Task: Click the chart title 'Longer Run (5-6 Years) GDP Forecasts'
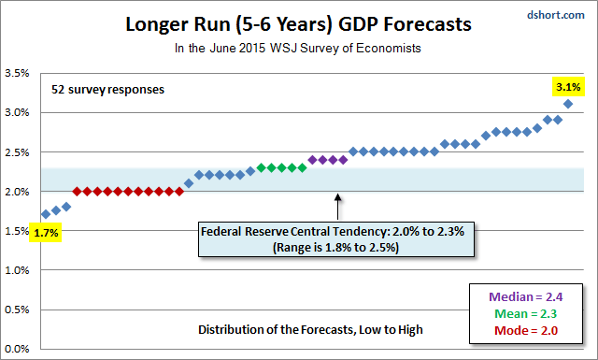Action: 298,24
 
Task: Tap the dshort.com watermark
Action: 556,15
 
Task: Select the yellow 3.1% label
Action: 568,87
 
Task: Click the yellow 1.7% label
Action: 46,233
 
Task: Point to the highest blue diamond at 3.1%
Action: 568,104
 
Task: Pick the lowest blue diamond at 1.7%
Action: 46,214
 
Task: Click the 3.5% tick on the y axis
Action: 17,73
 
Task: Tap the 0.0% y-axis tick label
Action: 17,349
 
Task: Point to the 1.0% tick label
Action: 17,270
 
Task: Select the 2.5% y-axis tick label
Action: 17,151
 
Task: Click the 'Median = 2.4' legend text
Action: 525,296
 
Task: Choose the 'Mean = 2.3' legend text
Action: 525,313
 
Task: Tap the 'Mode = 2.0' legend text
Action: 526,330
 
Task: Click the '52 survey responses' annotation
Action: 108,90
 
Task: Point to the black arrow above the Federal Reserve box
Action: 338,207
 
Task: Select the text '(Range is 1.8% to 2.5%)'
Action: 335,248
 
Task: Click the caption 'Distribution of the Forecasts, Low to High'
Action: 310,329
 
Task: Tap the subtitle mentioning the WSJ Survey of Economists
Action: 298,48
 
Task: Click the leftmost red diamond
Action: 77,192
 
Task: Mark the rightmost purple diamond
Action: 343,160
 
